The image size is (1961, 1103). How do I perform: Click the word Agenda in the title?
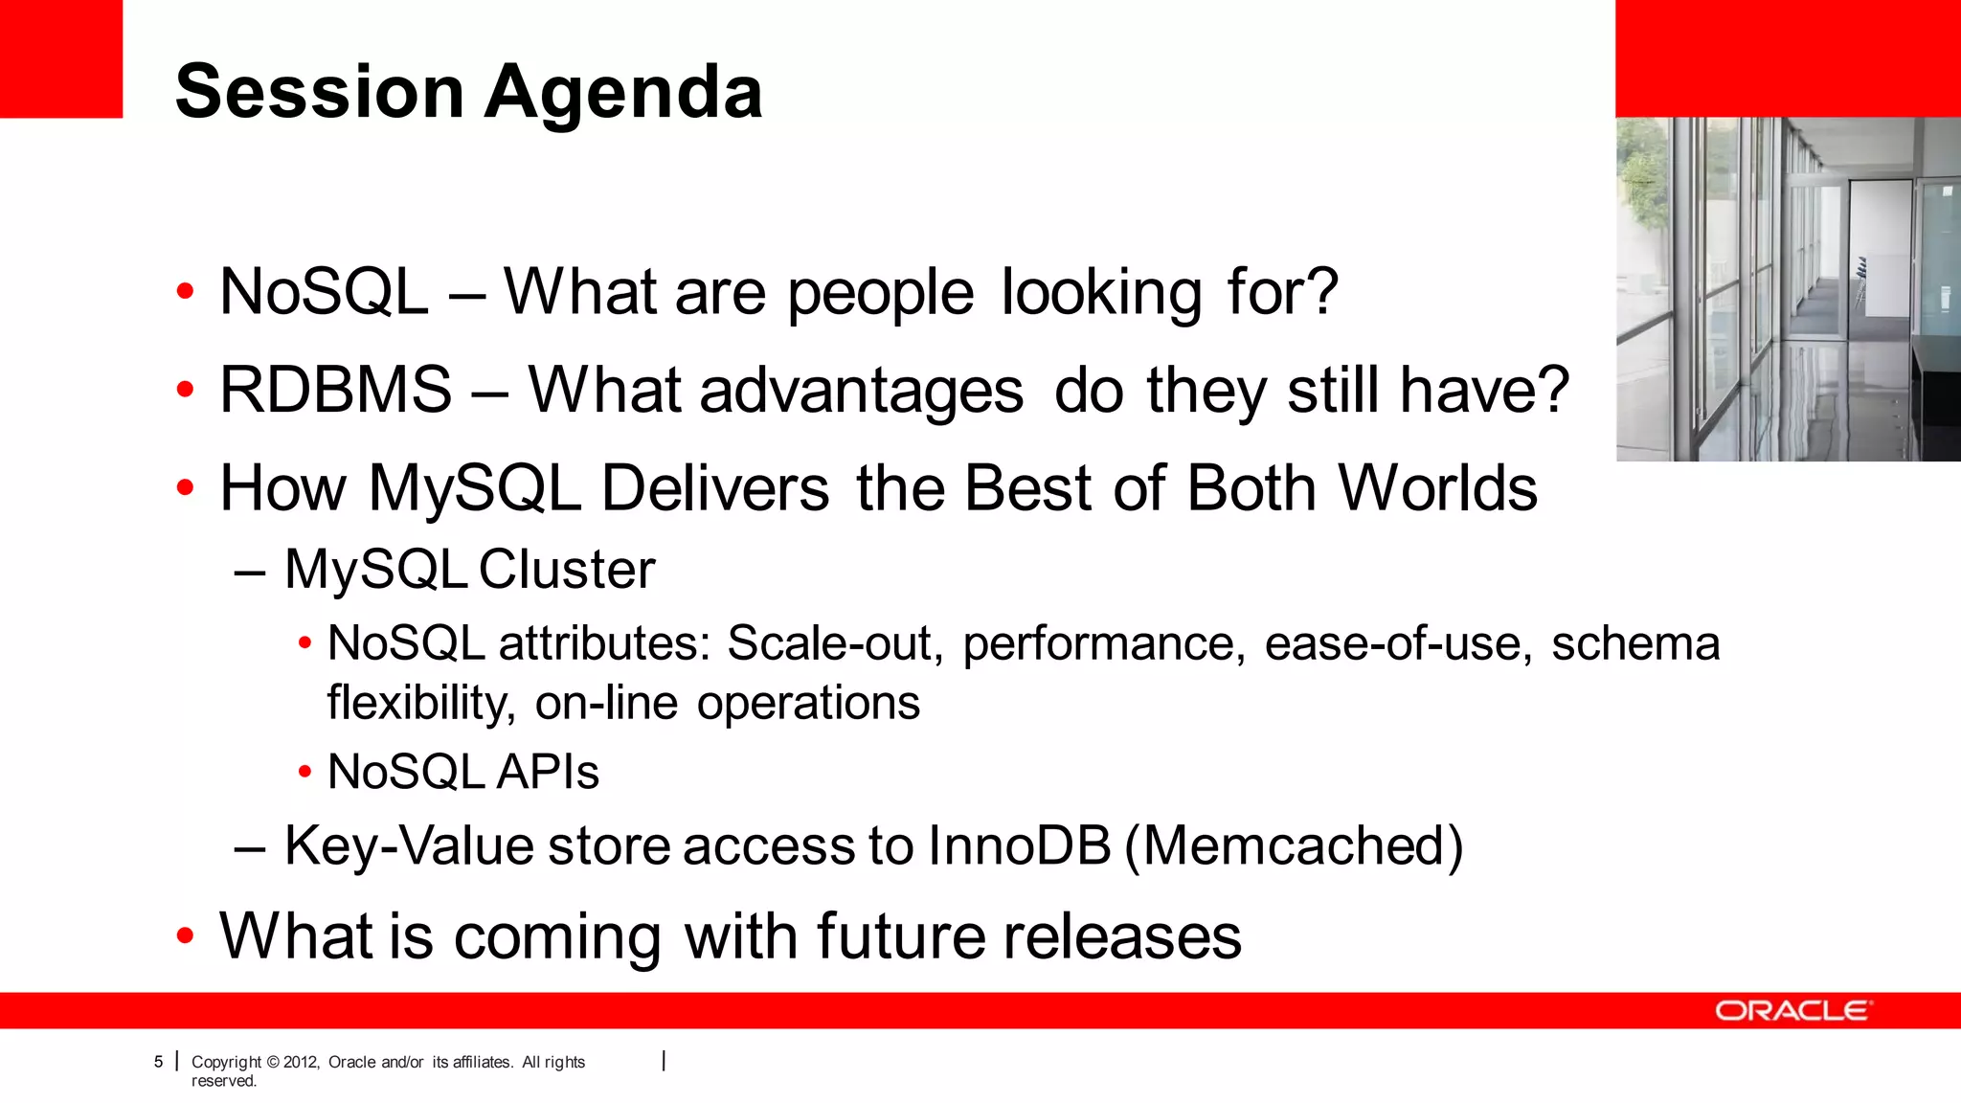[624, 93]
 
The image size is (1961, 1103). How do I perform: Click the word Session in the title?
[320, 93]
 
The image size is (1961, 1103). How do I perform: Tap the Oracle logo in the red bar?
[1792, 1011]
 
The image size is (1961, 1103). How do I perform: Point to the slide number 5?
[159, 1062]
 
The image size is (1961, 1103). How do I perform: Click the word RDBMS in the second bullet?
[336, 391]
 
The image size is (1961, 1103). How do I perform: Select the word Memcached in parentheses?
[1294, 846]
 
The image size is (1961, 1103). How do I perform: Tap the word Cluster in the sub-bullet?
[567, 571]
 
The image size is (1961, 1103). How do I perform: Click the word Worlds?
[1437, 488]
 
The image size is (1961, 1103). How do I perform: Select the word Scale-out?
[829, 643]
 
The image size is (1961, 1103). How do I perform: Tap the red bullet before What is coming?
[186, 936]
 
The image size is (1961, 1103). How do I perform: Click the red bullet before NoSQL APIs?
[304, 772]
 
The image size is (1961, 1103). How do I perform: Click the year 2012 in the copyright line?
[301, 1062]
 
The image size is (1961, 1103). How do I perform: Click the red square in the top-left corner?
[61, 58]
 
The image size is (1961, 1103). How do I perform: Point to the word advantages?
[862, 391]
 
